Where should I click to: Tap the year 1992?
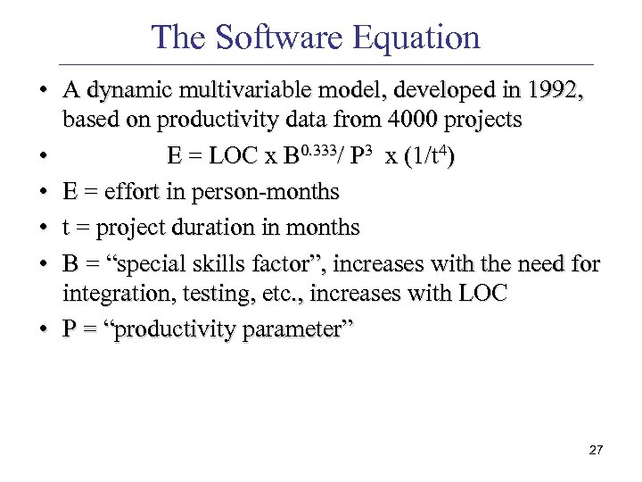coord(556,90)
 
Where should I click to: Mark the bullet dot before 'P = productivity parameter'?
coord(44,329)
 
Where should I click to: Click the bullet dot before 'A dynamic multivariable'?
coord(44,90)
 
